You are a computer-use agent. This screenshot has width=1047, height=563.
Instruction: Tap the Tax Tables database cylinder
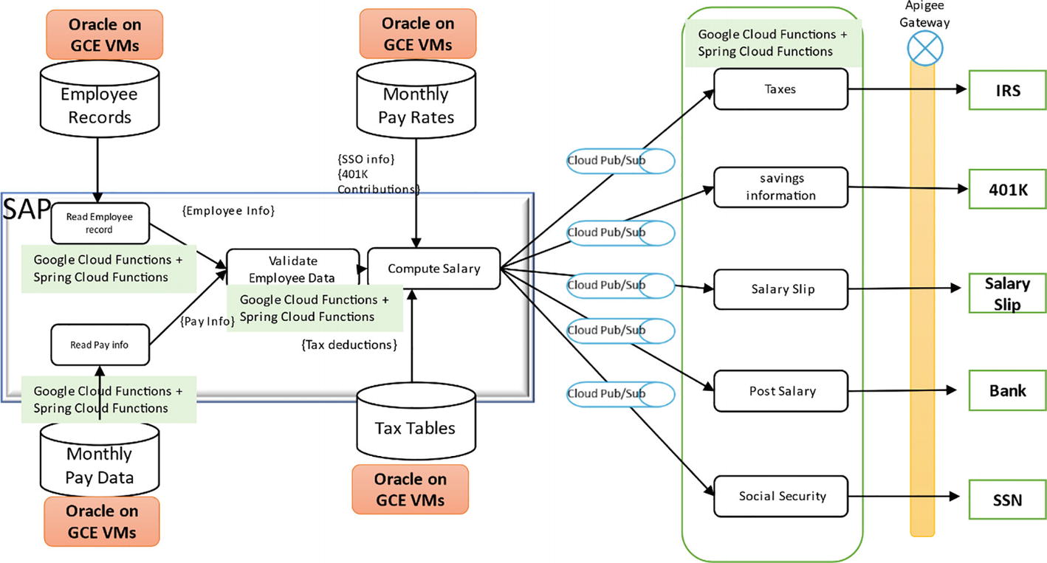(414, 424)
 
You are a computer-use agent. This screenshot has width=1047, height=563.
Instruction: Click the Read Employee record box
(100, 224)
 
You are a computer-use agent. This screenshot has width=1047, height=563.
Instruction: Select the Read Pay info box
(100, 345)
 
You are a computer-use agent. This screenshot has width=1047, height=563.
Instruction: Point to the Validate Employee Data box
(292, 268)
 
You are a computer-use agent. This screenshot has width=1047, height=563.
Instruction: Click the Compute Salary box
(434, 269)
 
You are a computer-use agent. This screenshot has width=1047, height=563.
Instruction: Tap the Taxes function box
(780, 89)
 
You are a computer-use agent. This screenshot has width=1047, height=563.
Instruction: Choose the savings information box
(780, 187)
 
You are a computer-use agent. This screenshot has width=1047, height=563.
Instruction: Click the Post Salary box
(780, 391)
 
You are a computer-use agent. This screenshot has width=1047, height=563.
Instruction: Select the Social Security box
(780, 496)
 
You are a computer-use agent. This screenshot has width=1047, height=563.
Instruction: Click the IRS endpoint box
(1007, 91)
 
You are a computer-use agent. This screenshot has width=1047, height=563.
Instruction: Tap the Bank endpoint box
(1007, 390)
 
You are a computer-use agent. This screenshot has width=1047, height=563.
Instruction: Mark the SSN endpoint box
(1007, 500)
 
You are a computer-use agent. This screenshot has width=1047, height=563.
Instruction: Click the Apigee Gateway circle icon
(926, 49)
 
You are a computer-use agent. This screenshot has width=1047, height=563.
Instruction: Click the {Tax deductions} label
(349, 345)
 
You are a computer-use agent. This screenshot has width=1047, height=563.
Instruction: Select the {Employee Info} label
(228, 212)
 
